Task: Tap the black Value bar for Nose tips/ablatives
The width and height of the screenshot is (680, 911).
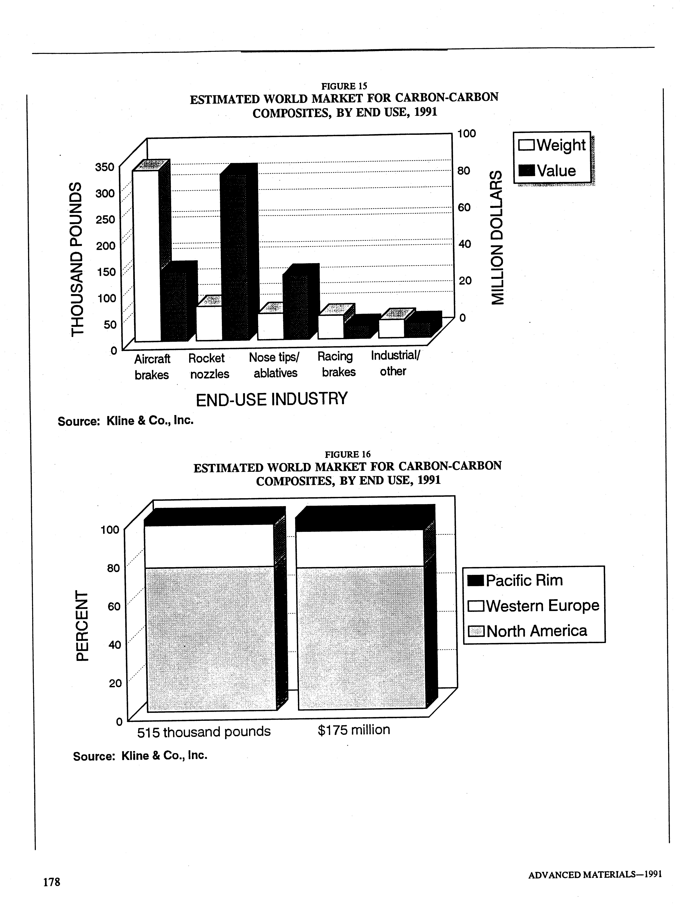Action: coord(296,307)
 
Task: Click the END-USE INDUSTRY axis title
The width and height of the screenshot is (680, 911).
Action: coord(272,399)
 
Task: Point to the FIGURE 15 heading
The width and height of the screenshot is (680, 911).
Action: coord(344,86)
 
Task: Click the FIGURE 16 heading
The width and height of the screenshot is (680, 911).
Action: coord(348,454)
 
